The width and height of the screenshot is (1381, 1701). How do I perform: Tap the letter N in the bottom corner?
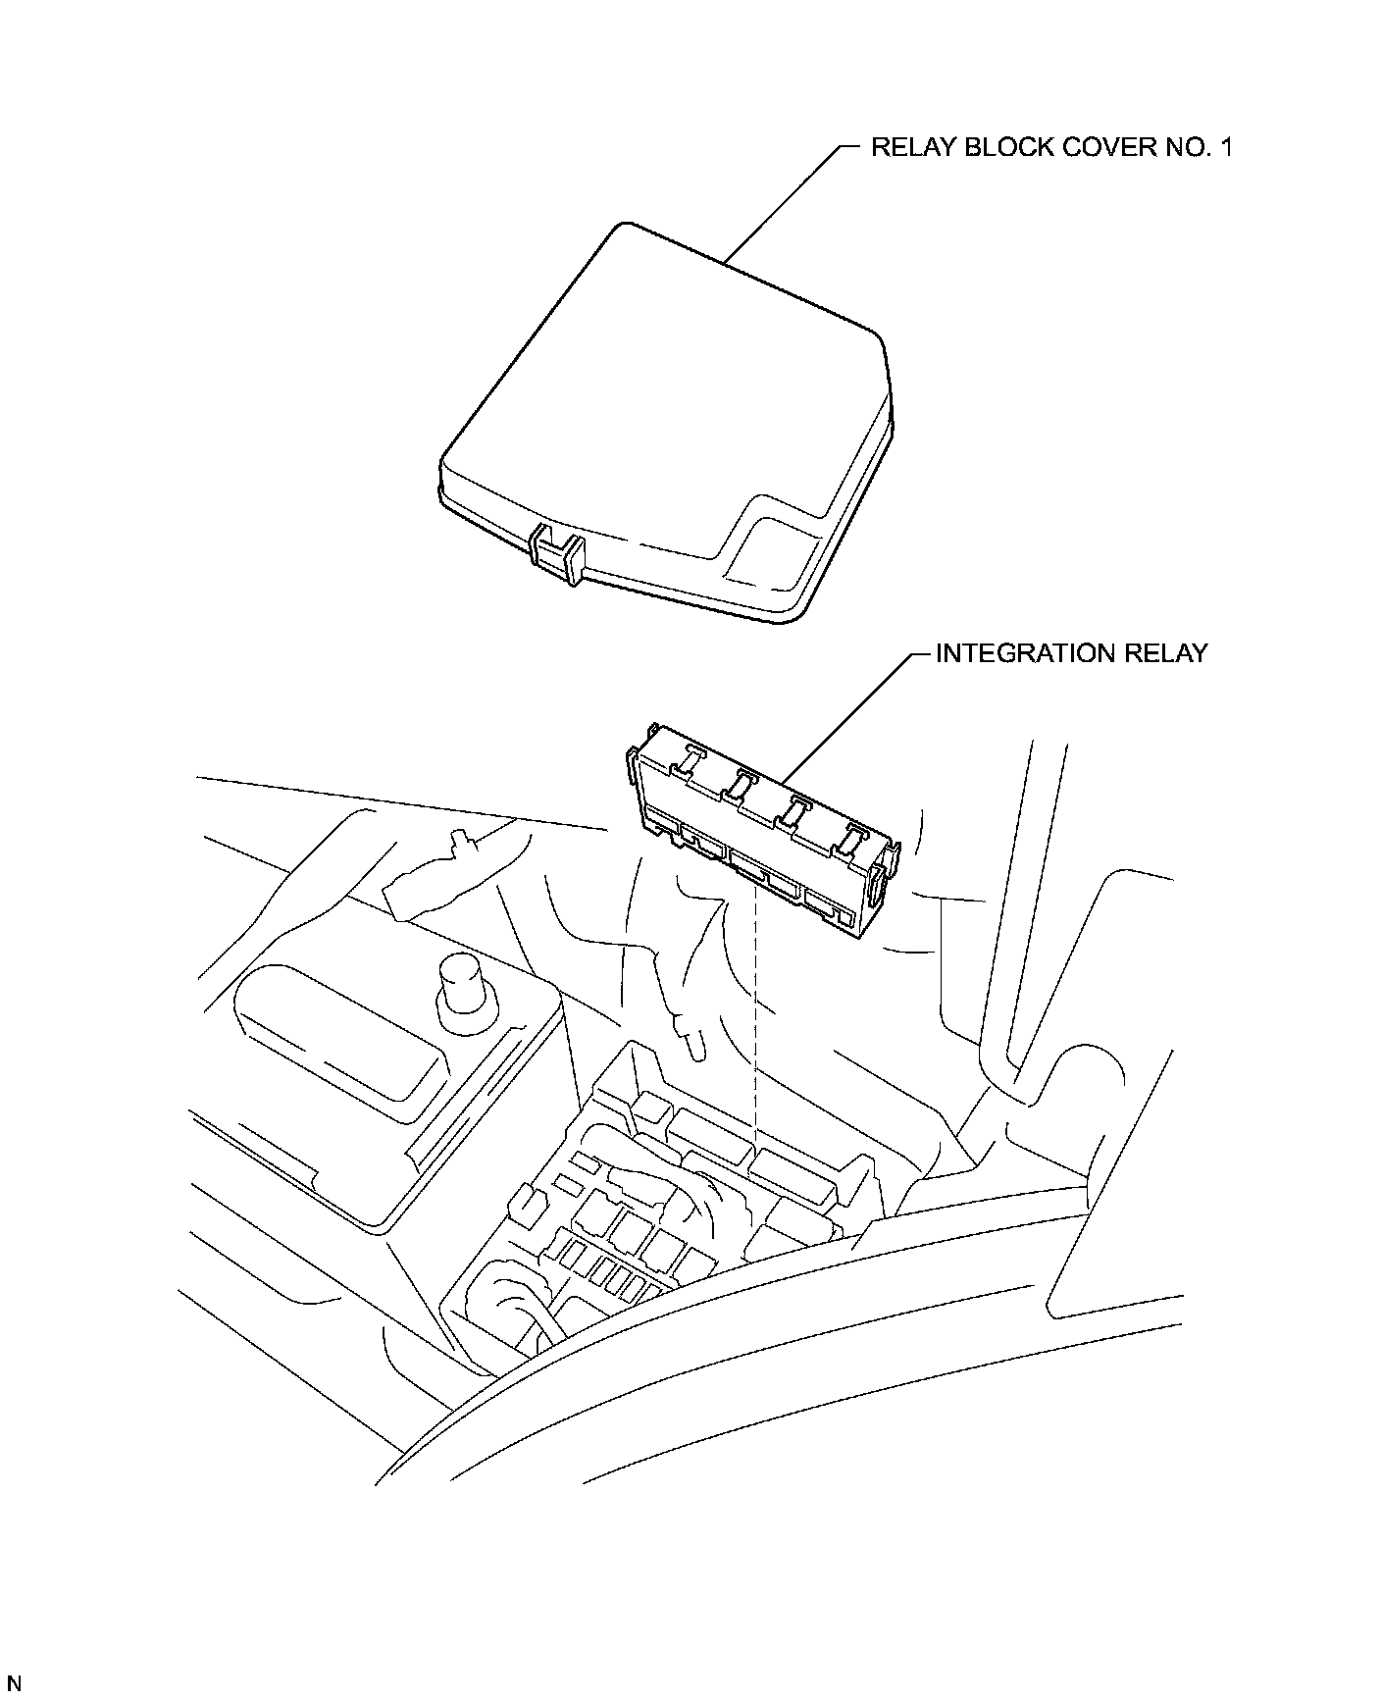pos(14,1682)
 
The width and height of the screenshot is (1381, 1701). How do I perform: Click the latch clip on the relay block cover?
pos(556,556)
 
